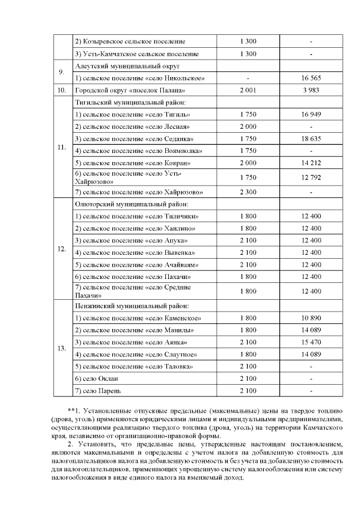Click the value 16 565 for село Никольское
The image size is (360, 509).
click(311, 78)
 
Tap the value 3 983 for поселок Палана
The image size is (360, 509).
click(311, 91)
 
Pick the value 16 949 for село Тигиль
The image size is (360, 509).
click(311, 115)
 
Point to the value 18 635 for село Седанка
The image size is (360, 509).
click(311, 139)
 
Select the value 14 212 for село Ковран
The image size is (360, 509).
click(311, 163)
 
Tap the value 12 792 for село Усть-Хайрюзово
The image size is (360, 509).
click(311, 178)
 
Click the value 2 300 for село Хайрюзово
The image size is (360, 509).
click(248, 192)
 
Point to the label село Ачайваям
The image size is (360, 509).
click(137, 265)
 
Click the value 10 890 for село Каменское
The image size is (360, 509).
click(311, 318)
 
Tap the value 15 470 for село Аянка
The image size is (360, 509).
click(311, 342)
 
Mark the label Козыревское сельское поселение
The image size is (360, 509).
click(130, 42)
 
